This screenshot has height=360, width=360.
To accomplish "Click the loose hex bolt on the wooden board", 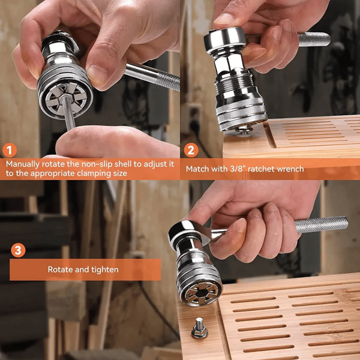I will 199,328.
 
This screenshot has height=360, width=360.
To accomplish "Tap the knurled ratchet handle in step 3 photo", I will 322,225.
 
